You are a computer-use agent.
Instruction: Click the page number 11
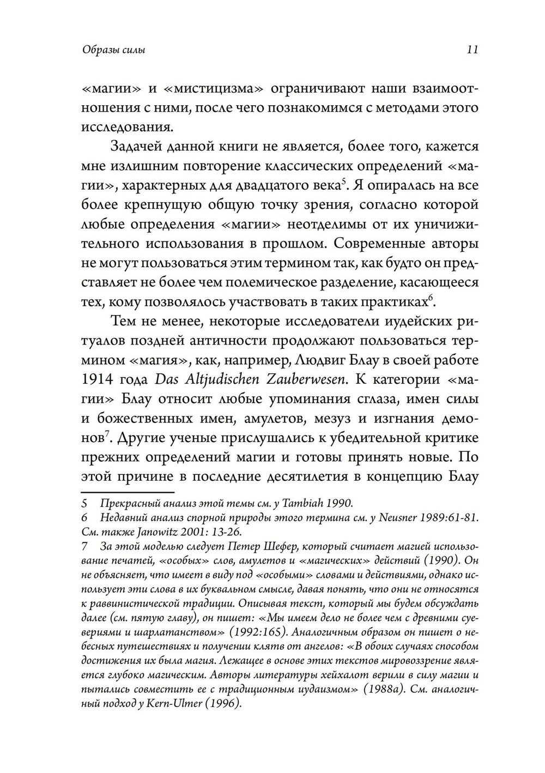click(472, 50)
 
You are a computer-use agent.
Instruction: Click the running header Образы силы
click(113, 51)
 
